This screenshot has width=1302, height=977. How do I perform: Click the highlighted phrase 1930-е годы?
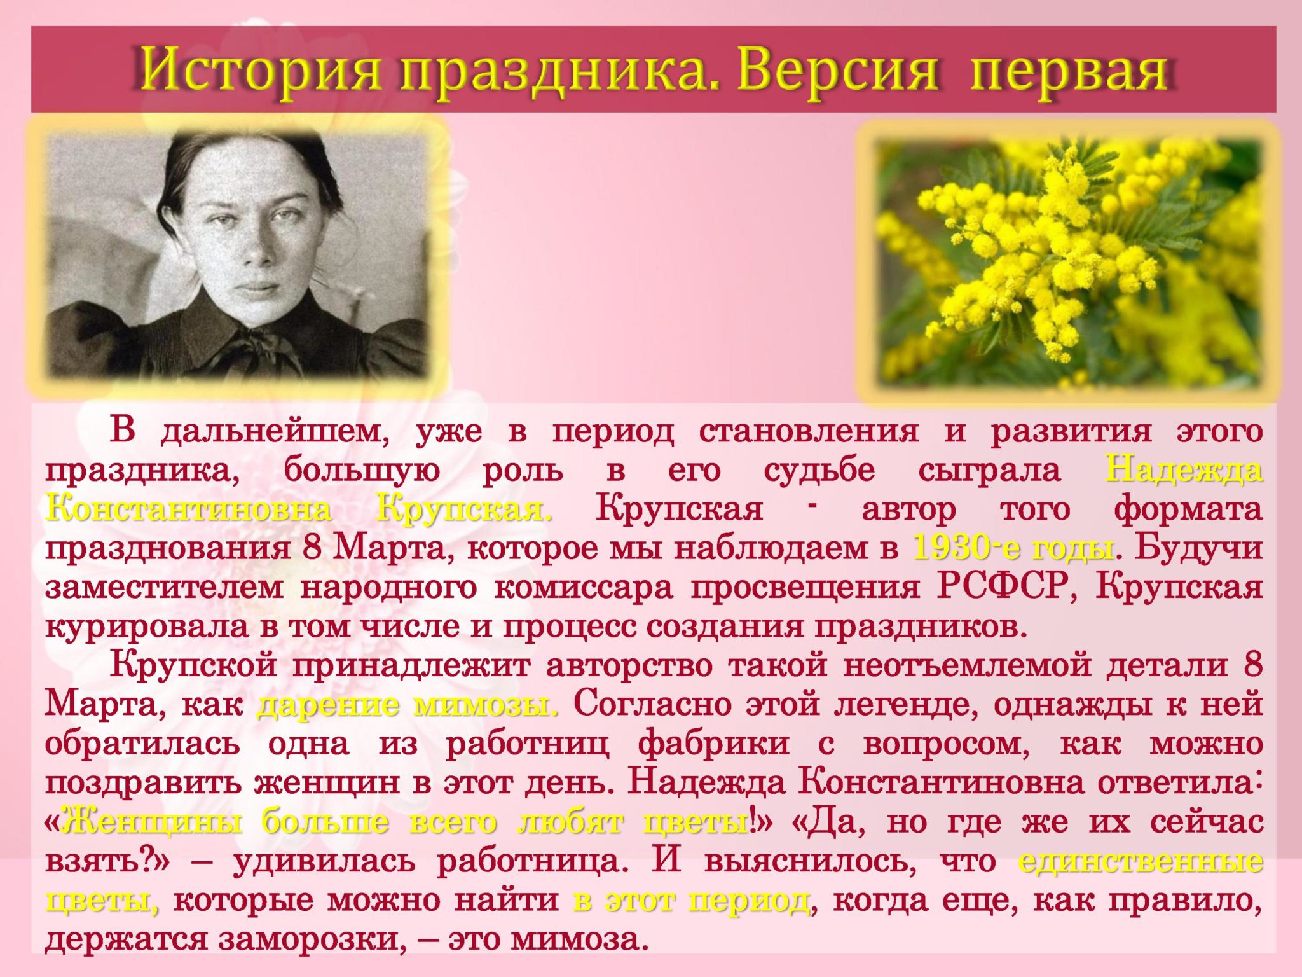[x=1013, y=548]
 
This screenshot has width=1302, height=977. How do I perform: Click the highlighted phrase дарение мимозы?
[x=408, y=705]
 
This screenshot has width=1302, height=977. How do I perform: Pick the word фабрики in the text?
[x=714, y=744]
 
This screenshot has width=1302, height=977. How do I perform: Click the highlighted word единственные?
[x=1141, y=861]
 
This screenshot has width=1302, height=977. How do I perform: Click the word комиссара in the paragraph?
[x=582, y=588]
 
